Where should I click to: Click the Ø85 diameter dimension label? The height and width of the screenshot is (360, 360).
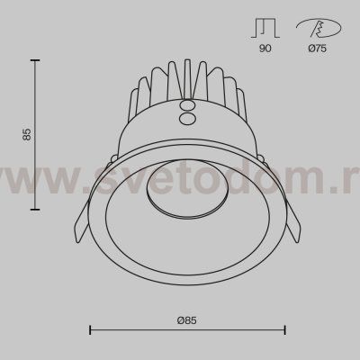click(x=186, y=320)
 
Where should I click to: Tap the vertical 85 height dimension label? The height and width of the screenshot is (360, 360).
click(x=27, y=134)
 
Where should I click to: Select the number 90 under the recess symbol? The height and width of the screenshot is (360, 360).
click(x=265, y=48)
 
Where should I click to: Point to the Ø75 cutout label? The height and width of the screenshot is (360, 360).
click(x=318, y=48)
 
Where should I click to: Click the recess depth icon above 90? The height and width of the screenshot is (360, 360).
click(x=265, y=28)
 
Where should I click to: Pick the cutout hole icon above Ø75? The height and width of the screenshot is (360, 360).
click(x=319, y=28)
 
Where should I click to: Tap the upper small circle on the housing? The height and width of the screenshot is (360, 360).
click(x=186, y=106)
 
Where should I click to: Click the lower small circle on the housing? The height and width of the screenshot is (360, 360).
click(x=186, y=118)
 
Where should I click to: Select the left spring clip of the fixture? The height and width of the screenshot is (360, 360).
click(x=82, y=221)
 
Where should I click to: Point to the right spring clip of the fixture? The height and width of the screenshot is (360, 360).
click(x=292, y=221)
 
